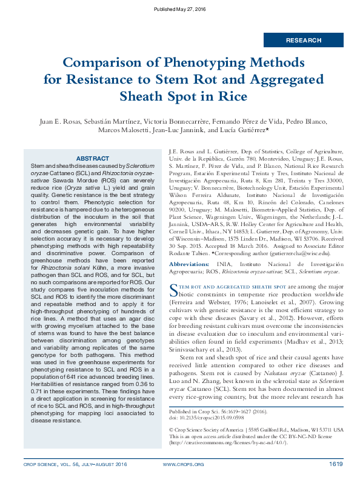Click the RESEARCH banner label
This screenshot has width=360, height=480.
coord(304,41)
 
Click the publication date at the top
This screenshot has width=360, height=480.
coord(180,9)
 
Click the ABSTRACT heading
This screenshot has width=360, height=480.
coord(93,158)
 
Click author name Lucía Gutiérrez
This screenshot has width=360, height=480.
coord(244,130)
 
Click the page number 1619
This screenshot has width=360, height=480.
coord(336,464)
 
